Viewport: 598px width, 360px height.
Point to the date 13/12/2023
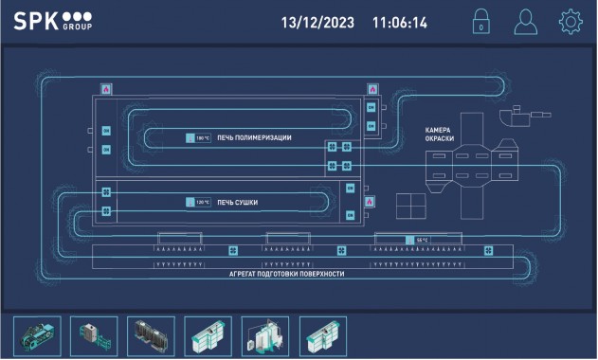tap(317, 22)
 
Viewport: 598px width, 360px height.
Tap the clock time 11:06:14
tap(399, 22)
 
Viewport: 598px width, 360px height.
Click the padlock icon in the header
tap(481, 22)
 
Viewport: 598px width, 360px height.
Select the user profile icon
tap(525, 22)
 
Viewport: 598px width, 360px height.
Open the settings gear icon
tap(570, 22)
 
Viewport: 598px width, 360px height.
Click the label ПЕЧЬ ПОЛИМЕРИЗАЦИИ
tap(254, 138)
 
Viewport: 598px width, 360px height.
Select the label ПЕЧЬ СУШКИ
tap(238, 203)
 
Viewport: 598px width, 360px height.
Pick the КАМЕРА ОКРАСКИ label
tap(439, 135)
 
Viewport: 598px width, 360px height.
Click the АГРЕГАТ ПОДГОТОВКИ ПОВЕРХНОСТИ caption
tap(286, 274)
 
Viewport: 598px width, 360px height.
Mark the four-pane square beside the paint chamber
tap(411, 207)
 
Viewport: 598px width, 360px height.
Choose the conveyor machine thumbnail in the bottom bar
tap(37, 334)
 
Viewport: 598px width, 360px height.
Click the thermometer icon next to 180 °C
tap(190, 138)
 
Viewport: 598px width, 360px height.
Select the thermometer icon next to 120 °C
tap(190, 203)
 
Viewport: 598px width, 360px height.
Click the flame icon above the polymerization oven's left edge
tap(106, 89)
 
